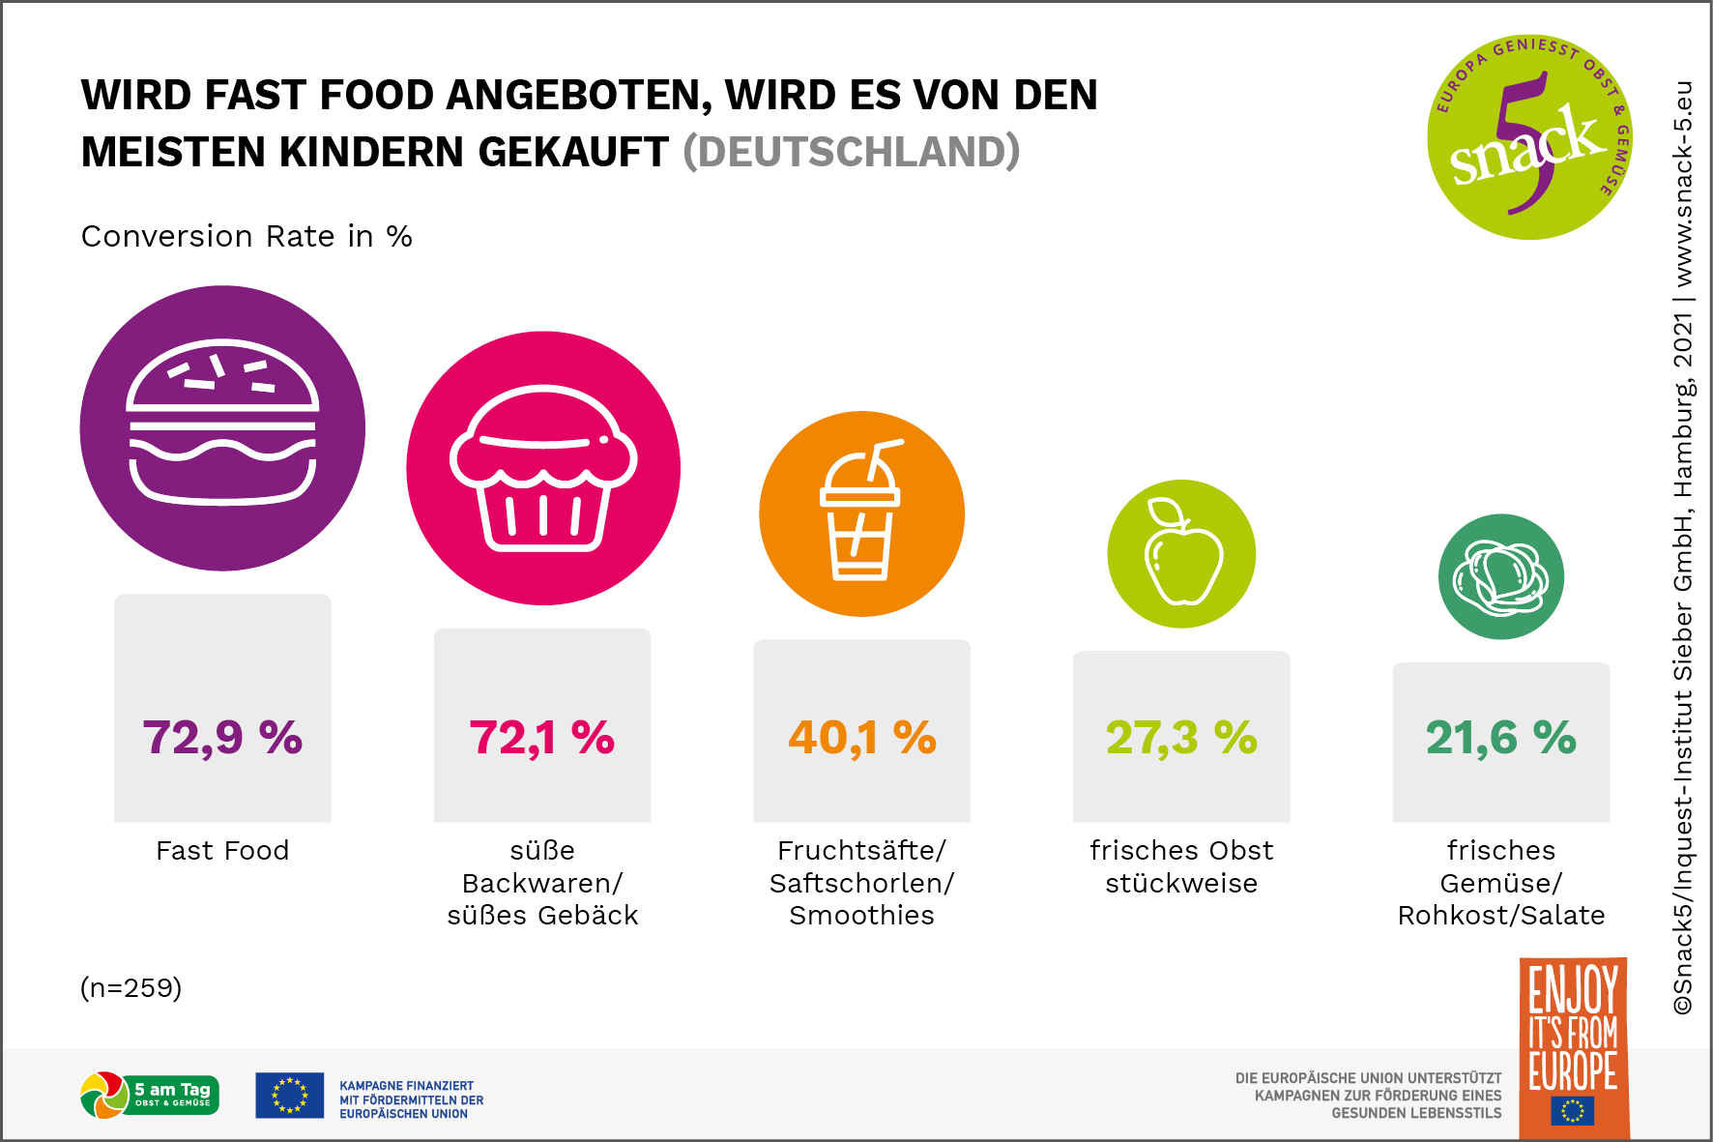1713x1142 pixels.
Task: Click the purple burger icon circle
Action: tap(222, 427)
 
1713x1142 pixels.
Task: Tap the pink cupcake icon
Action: tap(543, 468)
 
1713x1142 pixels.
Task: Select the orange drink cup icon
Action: tap(861, 513)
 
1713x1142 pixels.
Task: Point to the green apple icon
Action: tap(1181, 553)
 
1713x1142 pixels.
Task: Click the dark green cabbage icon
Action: tap(1500, 576)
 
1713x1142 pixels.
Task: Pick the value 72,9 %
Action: tap(222, 738)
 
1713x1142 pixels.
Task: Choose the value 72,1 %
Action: tap(542, 738)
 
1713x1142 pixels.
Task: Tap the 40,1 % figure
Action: tap(862, 738)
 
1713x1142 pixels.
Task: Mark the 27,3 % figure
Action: tap(1181, 738)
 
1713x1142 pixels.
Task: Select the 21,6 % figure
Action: tap(1500, 738)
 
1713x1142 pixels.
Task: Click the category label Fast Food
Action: tap(222, 851)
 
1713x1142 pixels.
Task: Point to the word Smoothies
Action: tap(862, 916)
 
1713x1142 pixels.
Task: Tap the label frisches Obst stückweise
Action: tap(1181, 866)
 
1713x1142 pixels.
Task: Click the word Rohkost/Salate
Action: tap(1500, 916)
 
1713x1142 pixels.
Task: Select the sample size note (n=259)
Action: tap(131, 988)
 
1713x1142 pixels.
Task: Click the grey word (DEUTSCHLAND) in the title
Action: tap(851, 153)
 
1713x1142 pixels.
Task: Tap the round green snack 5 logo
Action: tap(1528, 137)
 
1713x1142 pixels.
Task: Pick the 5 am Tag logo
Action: tap(150, 1096)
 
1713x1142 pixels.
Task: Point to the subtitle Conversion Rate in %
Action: tap(247, 237)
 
